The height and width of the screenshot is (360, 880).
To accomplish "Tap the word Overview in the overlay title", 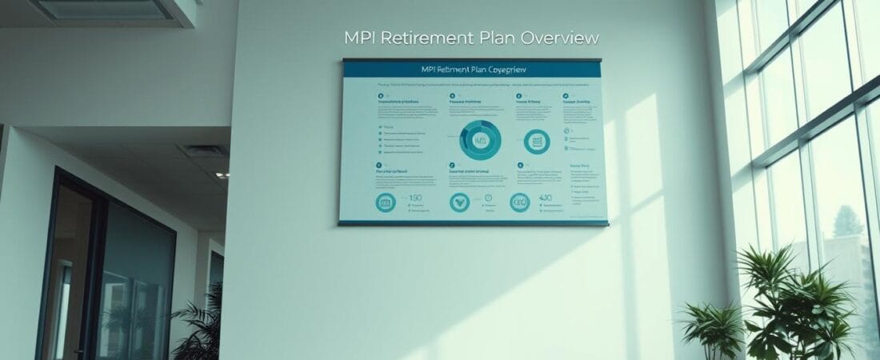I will tap(559, 38).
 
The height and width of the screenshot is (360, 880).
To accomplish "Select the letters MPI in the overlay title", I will tap(359, 38).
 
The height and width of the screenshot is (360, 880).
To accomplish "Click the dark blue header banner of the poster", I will tap(472, 70).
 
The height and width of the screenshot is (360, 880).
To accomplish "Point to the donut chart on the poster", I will tap(481, 141).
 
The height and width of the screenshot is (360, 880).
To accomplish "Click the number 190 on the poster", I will tap(414, 198).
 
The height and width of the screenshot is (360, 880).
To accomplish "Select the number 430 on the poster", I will tap(546, 198).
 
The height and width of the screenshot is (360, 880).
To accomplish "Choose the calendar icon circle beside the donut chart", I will tap(537, 142).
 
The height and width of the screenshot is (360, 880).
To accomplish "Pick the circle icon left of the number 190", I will tap(386, 202).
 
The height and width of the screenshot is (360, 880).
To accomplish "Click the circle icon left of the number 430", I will tap(519, 202).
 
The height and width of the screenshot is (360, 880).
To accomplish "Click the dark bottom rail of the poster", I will tap(472, 223).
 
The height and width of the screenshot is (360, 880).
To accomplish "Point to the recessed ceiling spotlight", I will tap(218, 174).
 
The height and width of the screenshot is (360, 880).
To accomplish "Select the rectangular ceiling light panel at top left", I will tap(103, 10).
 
